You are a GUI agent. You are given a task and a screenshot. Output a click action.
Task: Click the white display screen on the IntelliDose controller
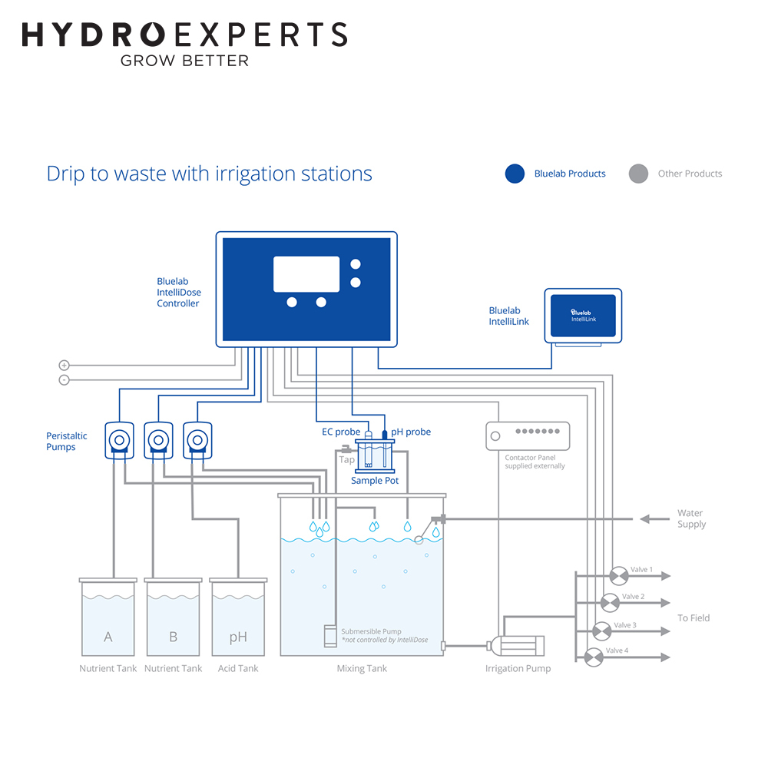[306, 274]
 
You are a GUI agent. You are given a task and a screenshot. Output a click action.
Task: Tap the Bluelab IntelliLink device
[583, 316]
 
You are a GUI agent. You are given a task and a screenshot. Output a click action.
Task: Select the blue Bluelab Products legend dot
[515, 174]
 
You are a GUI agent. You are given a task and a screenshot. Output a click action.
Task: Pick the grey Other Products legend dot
[638, 174]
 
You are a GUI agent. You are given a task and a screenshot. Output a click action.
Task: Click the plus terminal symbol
[65, 366]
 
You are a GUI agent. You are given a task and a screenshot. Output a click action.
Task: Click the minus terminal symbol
[65, 380]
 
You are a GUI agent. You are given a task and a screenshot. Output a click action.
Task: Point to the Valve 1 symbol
[619, 576]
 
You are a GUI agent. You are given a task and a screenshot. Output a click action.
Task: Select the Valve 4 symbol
[594, 657]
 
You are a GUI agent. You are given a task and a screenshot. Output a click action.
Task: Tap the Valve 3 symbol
[602, 631]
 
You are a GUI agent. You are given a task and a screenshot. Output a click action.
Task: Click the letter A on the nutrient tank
[108, 637]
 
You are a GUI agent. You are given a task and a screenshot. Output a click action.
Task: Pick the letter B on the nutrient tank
[173, 637]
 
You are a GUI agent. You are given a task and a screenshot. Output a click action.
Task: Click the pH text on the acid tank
[238, 637]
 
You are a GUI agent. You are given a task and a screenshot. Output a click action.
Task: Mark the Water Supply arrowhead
[645, 518]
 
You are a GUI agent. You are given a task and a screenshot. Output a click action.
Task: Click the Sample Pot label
[375, 481]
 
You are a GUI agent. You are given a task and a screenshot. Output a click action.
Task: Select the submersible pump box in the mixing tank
[330, 636]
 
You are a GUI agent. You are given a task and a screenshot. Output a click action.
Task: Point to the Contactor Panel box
[528, 436]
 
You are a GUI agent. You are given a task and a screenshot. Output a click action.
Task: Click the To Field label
[693, 618]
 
